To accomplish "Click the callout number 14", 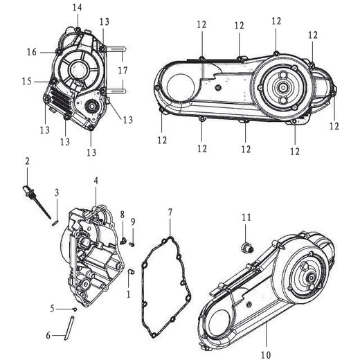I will [x=77, y=7].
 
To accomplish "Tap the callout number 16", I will [x=32, y=51].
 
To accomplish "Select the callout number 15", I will [x=26, y=81].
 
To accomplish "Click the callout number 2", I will [x=27, y=161].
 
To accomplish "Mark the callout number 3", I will [x=57, y=192].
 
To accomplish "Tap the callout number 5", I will [x=52, y=308].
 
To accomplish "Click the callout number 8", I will [x=122, y=215].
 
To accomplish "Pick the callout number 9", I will [x=133, y=221].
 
